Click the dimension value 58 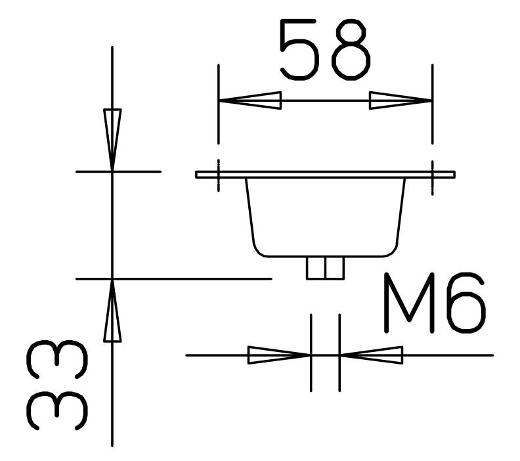click(324, 50)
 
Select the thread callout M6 click(435, 303)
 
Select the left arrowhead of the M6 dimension click(279, 355)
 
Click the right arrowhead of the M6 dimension click(372, 355)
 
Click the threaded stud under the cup click(325, 268)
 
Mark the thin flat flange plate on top click(325, 175)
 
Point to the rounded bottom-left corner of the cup click(259, 250)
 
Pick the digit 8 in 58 click(349, 50)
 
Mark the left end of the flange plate click(198, 175)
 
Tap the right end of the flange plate click(453, 175)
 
